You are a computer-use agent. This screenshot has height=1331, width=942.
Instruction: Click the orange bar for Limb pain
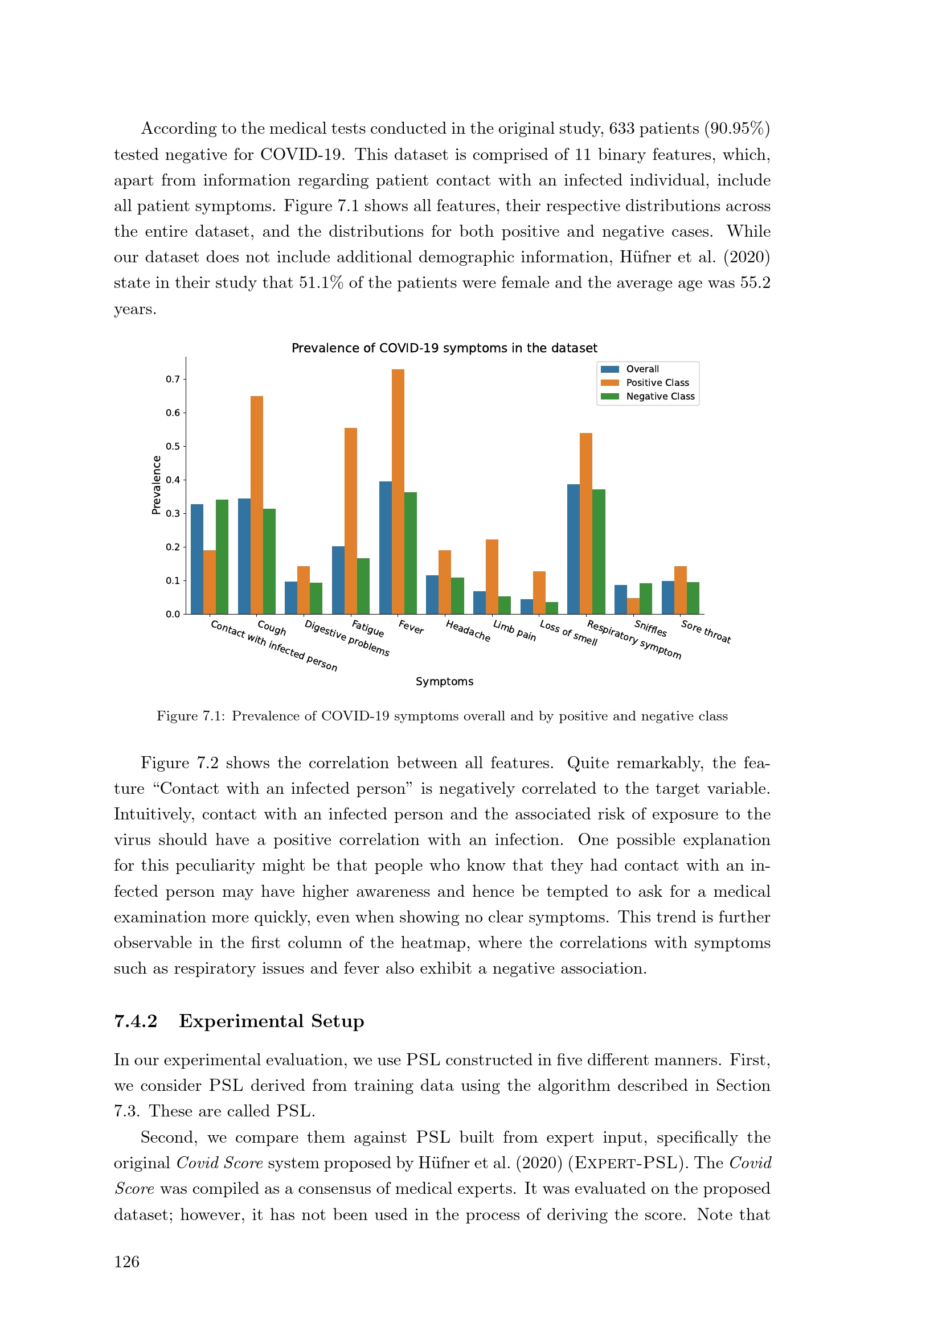[492, 576]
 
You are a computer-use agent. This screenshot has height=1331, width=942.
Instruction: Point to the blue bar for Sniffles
[621, 599]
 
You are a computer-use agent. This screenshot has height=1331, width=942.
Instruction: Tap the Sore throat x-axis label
[706, 631]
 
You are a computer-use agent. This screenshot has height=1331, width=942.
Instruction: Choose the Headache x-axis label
[468, 631]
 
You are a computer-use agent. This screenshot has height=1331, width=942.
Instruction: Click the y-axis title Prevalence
[156, 485]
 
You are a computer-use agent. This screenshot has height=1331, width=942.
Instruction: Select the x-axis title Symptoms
[444, 681]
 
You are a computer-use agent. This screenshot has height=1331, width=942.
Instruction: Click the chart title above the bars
[444, 348]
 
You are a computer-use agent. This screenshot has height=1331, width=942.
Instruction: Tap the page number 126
[126, 1262]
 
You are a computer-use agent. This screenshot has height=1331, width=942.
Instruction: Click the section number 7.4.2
[136, 1021]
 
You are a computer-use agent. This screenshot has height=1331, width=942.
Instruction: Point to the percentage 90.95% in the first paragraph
[736, 129]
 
